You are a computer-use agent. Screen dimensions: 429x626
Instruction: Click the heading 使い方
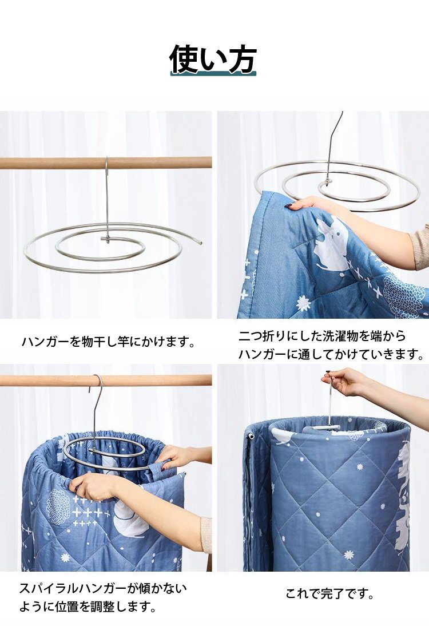pos(213,59)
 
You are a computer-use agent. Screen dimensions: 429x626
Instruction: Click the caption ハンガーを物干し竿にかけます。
pos(108,342)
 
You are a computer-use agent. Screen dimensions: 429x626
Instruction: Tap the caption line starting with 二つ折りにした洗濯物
pos(322,336)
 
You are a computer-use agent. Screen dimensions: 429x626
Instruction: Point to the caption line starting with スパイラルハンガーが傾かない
pos(102,588)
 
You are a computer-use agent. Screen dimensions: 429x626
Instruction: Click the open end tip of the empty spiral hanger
pos(201,243)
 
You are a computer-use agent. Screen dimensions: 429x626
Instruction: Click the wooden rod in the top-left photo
pos(106,163)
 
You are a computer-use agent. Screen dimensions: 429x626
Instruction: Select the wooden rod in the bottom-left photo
pos(106,381)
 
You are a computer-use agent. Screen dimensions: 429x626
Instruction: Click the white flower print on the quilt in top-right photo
pos(304,303)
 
